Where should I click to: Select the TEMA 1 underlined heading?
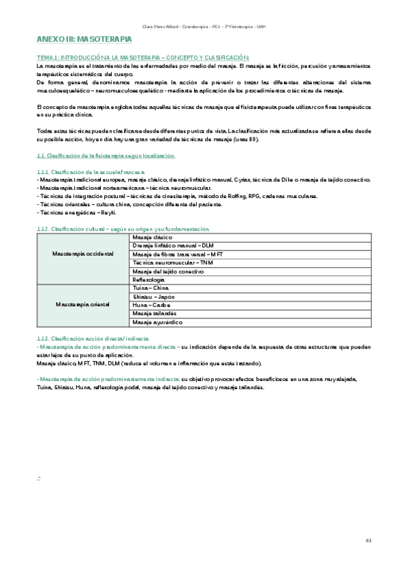[x=143, y=57]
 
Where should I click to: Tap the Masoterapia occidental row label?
[x=82, y=253]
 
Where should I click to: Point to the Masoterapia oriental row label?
[x=82, y=304]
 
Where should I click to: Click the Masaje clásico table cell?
[x=153, y=236]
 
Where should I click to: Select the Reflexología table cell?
[x=149, y=279]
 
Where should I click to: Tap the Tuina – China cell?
[x=151, y=288]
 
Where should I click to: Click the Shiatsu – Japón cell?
[x=155, y=296]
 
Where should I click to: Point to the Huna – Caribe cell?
[x=151, y=305]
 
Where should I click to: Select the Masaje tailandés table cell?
[x=154, y=313]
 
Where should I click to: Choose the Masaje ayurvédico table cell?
[x=156, y=322]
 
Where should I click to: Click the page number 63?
[x=368, y=541]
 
